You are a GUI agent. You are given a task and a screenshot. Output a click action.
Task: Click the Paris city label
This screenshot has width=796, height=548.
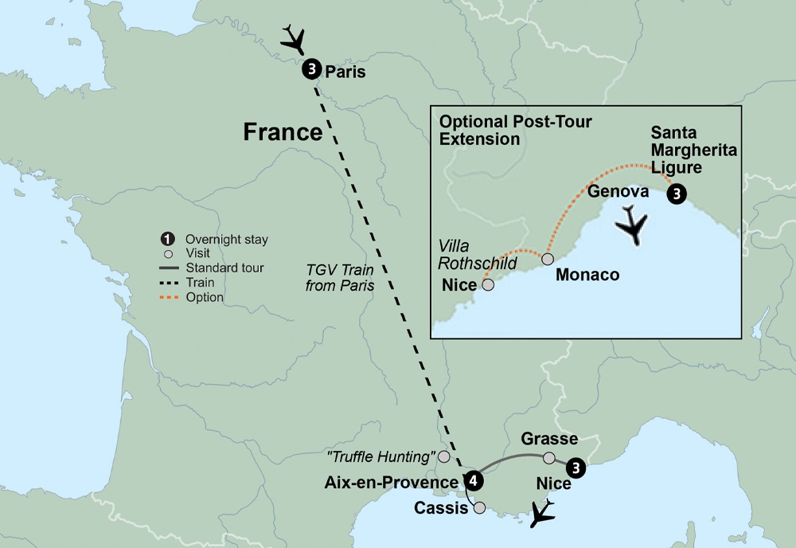point(345,72)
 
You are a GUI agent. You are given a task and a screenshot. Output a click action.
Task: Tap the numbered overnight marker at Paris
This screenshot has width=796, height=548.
point(311,70)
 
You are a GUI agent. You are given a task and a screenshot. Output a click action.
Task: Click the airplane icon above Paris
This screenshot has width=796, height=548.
point(294,38)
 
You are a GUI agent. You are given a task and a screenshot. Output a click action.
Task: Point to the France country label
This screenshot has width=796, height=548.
point(283,131)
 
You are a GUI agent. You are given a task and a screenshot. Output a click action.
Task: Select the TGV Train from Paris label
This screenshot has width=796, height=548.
point(339,277)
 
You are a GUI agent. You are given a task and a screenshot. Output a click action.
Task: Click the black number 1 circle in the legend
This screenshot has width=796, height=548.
point(168,239)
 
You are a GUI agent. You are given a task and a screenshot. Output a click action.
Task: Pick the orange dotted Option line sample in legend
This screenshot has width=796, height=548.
point(168,297)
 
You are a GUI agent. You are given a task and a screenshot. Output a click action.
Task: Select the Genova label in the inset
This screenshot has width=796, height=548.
point(615,191)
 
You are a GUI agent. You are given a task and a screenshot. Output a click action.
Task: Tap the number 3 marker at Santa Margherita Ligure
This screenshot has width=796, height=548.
point(676,194)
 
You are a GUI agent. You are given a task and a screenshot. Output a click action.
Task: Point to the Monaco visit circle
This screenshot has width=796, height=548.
point(548,259)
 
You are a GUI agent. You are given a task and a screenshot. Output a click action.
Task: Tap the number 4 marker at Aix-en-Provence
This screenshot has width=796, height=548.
point(474,480)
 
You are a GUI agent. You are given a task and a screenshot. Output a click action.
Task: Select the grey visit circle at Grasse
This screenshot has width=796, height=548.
point(548,458)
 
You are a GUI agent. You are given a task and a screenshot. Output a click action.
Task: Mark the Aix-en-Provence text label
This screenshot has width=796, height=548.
point(391,483)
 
